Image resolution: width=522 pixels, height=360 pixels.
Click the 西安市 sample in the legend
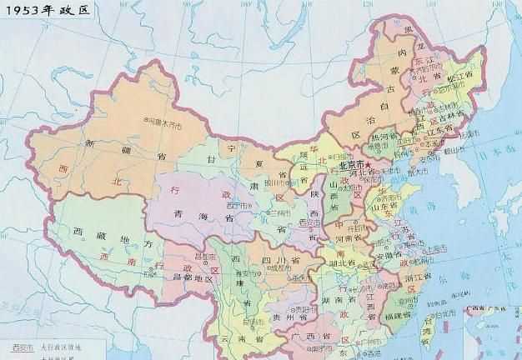[23, 346]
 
